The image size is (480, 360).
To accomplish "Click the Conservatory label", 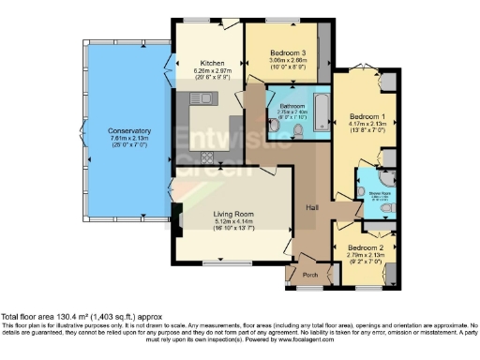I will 128,130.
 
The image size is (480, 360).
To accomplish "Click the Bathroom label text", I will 290,106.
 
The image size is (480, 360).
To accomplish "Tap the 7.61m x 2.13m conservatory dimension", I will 128,138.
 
